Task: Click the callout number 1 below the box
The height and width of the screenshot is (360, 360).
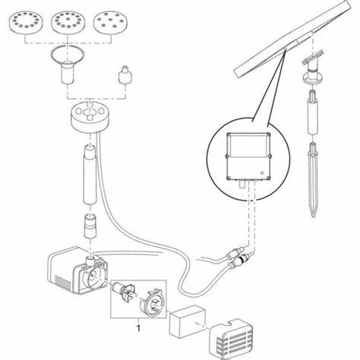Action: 138,328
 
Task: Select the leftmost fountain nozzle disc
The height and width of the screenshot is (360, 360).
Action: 26,22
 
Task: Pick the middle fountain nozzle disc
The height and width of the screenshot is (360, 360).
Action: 68,22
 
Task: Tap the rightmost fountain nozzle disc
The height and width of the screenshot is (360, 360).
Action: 110,22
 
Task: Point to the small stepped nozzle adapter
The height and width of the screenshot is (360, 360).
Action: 125,74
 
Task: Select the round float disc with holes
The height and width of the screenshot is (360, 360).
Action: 90,117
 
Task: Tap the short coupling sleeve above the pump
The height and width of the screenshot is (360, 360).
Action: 90,226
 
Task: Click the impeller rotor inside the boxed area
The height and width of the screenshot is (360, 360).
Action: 125,292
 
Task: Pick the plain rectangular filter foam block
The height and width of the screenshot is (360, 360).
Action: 188,321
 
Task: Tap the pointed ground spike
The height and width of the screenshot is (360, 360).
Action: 314,180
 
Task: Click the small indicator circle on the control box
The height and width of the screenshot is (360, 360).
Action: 262,173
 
